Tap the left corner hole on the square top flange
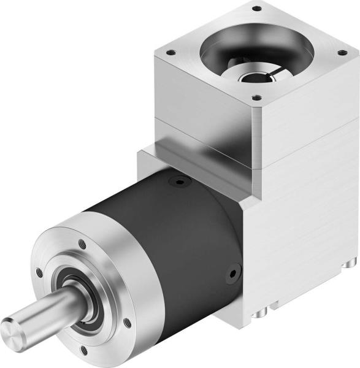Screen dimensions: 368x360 tap(172, 53)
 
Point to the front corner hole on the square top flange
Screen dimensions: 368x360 tap(256, 98)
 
